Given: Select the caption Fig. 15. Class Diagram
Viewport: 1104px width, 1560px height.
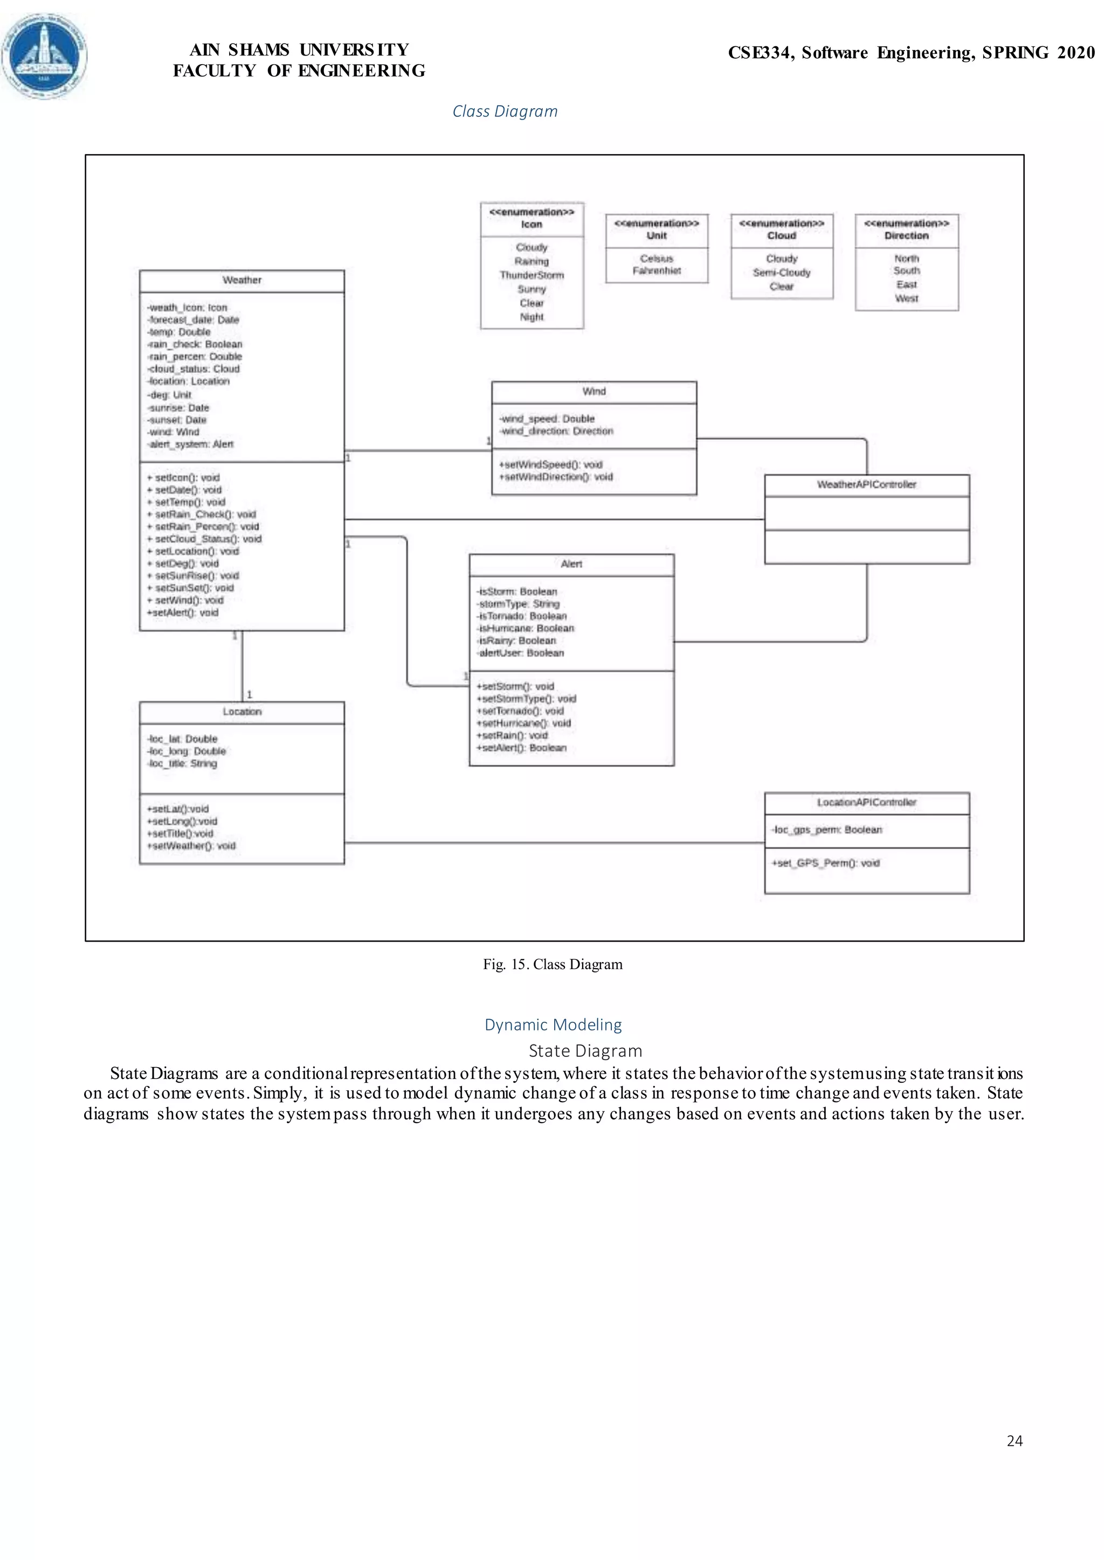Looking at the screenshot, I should point(553,964).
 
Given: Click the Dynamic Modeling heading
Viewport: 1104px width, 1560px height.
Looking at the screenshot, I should point(553,1025).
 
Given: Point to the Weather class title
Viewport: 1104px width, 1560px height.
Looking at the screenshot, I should point(242,280).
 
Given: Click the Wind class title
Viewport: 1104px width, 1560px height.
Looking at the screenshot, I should point(594,392).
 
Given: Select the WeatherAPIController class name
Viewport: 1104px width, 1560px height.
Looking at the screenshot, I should point(866,484).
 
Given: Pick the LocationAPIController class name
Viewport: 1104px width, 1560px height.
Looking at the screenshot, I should point(866,803).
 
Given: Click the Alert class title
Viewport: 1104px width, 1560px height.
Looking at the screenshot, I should point(571,564).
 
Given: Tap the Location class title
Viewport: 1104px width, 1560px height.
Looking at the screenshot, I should point(242,712).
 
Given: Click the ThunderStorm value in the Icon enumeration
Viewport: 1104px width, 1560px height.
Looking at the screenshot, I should point(532,275).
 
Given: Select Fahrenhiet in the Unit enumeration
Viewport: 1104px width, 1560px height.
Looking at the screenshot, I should point(657,270).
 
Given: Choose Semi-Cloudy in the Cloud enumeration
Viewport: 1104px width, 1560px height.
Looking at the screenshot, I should point(782,273).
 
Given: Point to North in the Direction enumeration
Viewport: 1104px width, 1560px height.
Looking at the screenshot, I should point(906,258).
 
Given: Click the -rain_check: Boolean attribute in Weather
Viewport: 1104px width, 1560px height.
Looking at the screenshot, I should point(195,344).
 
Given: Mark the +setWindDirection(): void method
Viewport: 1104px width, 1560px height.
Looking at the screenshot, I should point(556,477).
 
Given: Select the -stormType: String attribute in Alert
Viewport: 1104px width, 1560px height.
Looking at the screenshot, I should point(519,604).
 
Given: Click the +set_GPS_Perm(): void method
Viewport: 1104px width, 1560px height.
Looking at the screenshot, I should point(825,863).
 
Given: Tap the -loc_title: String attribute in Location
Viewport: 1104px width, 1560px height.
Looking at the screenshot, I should point(182,764).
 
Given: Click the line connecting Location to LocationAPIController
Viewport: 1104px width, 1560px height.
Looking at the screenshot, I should point(554,843).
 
